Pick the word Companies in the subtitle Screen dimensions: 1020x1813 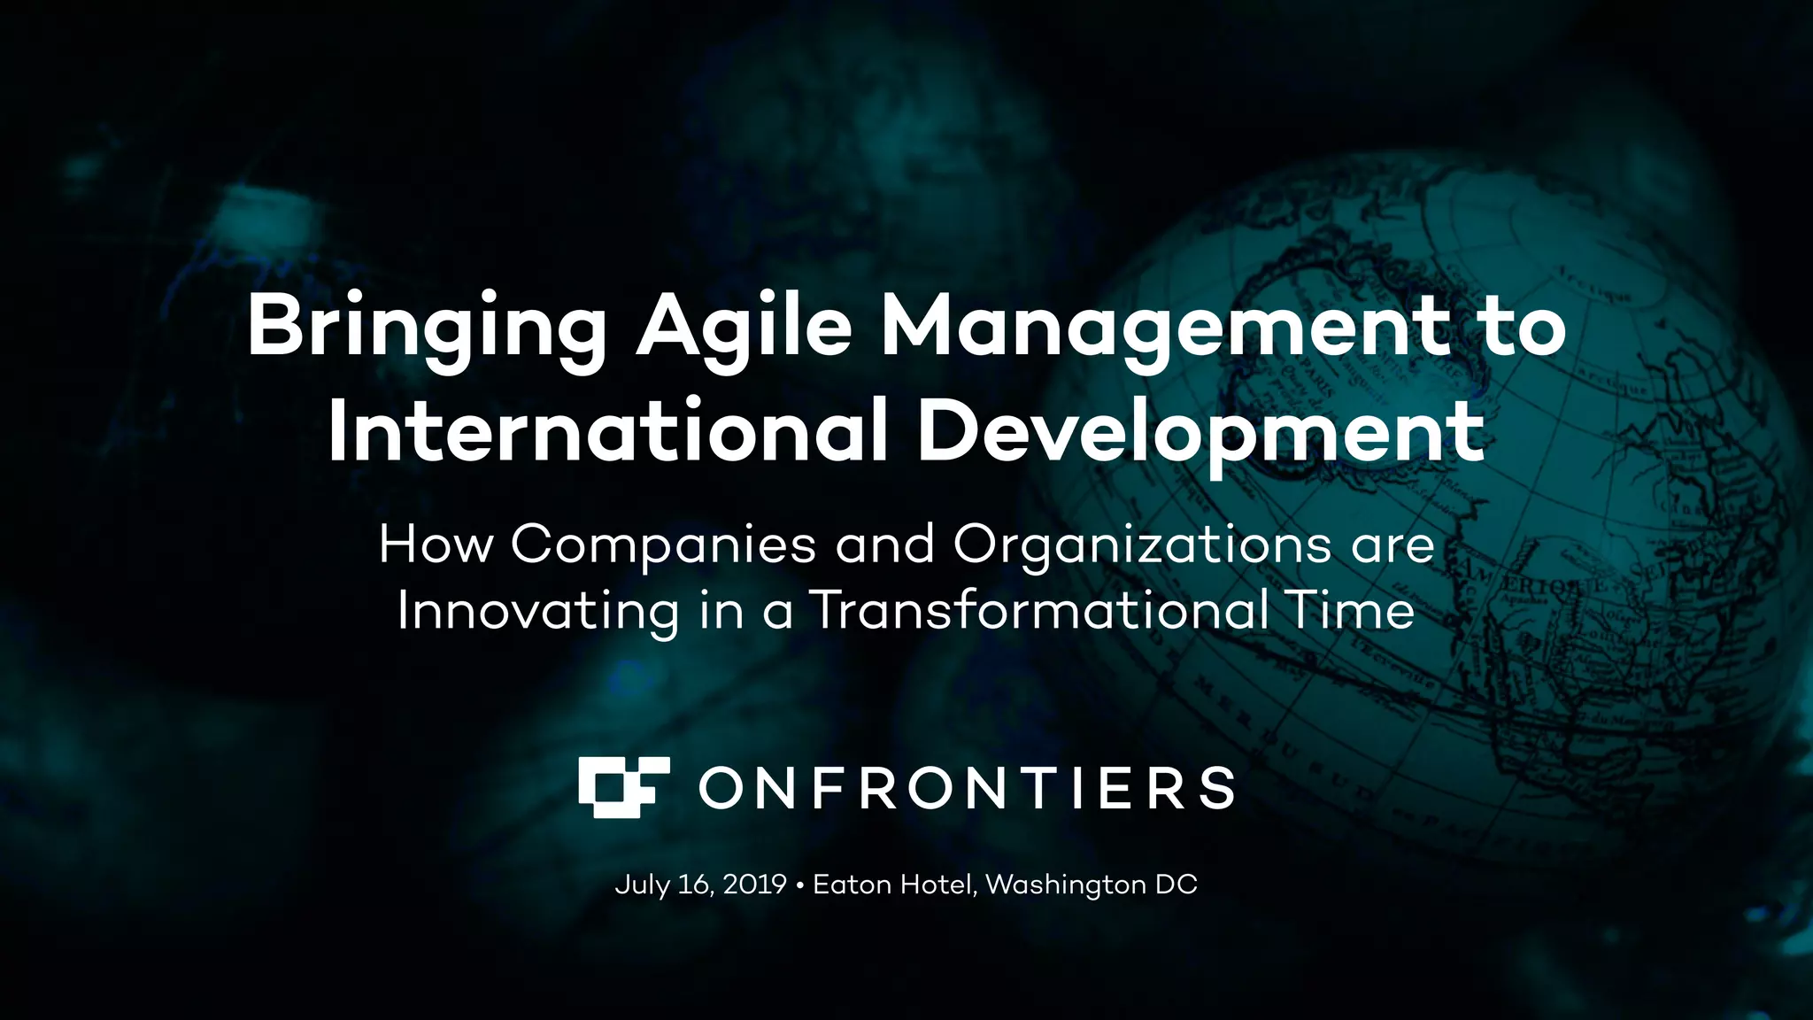click(x=663, y=544)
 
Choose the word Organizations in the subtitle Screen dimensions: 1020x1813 click(x=1142, y=545)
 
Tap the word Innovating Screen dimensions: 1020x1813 click(x=538, y=610)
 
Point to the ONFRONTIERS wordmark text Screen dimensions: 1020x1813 click(x=967, y=788)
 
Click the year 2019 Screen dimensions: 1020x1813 click(x=754, y=885)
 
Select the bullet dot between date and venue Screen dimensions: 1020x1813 click(x=800, y=885)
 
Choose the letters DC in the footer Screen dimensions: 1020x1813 click(x=1177, y=885)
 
